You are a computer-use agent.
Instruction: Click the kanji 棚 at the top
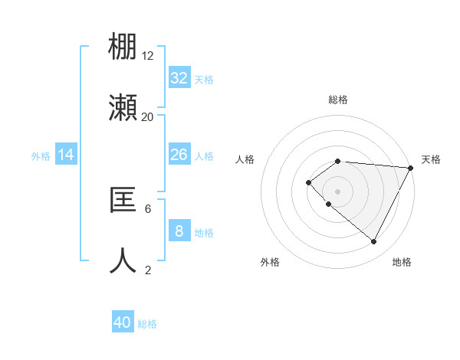pos(123,47)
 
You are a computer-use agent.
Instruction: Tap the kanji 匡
pos(123,201)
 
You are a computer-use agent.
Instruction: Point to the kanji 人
pos(123,261)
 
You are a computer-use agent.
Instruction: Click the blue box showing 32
pos(179,78)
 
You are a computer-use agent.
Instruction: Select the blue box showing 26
pos(179,155)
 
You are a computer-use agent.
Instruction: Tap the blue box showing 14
pos(66,155)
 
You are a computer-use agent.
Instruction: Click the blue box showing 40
pos(123,322)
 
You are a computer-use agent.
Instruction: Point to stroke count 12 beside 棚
pos(148,55)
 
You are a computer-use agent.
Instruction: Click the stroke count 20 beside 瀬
pos(148,116)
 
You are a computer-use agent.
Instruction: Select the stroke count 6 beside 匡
pos(148,208)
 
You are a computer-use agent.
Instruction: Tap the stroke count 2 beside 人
pos(148,270)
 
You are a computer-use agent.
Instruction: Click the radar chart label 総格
pos(338,100)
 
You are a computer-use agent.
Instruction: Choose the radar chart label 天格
pos(431,159)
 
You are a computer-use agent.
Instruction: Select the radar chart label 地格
pos(402,262)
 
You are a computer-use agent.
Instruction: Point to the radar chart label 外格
pos(270,262)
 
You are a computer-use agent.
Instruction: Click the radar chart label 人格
pos(245,159)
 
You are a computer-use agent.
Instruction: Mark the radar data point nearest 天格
pos(411,168)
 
